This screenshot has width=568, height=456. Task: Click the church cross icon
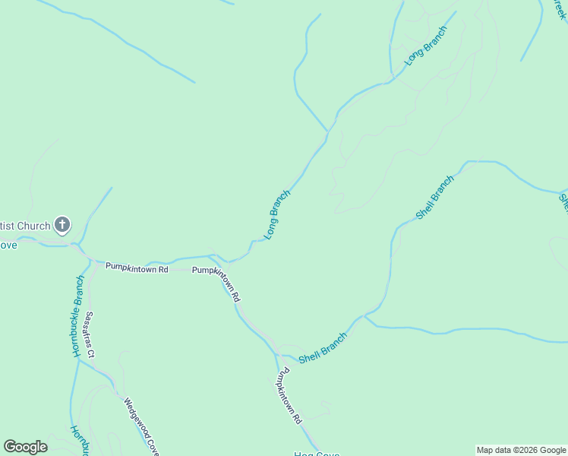click(62, 225)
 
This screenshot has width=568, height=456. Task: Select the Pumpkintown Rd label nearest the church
click(137, 267)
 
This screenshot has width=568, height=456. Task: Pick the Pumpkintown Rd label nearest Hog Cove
click(289, 396)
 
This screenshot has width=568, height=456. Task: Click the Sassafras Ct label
click(90, 334)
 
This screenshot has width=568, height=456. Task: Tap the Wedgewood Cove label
click(141, 426)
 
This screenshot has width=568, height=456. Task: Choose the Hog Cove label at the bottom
click(317, 454)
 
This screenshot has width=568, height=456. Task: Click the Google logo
click(25, 447)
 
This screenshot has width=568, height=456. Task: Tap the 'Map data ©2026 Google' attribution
click(521, 450)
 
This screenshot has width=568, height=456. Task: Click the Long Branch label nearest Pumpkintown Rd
click(277, 215)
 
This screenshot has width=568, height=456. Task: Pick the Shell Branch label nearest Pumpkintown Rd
click(323, 349)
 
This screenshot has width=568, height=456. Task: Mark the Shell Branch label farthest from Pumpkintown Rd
click(435, 198)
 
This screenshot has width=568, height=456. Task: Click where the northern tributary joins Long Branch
click(328, 131)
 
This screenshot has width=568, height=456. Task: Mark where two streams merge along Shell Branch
click(365, 315)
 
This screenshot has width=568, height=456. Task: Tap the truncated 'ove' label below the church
click(8, 245)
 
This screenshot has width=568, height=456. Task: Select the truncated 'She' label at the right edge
click(563, 202)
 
